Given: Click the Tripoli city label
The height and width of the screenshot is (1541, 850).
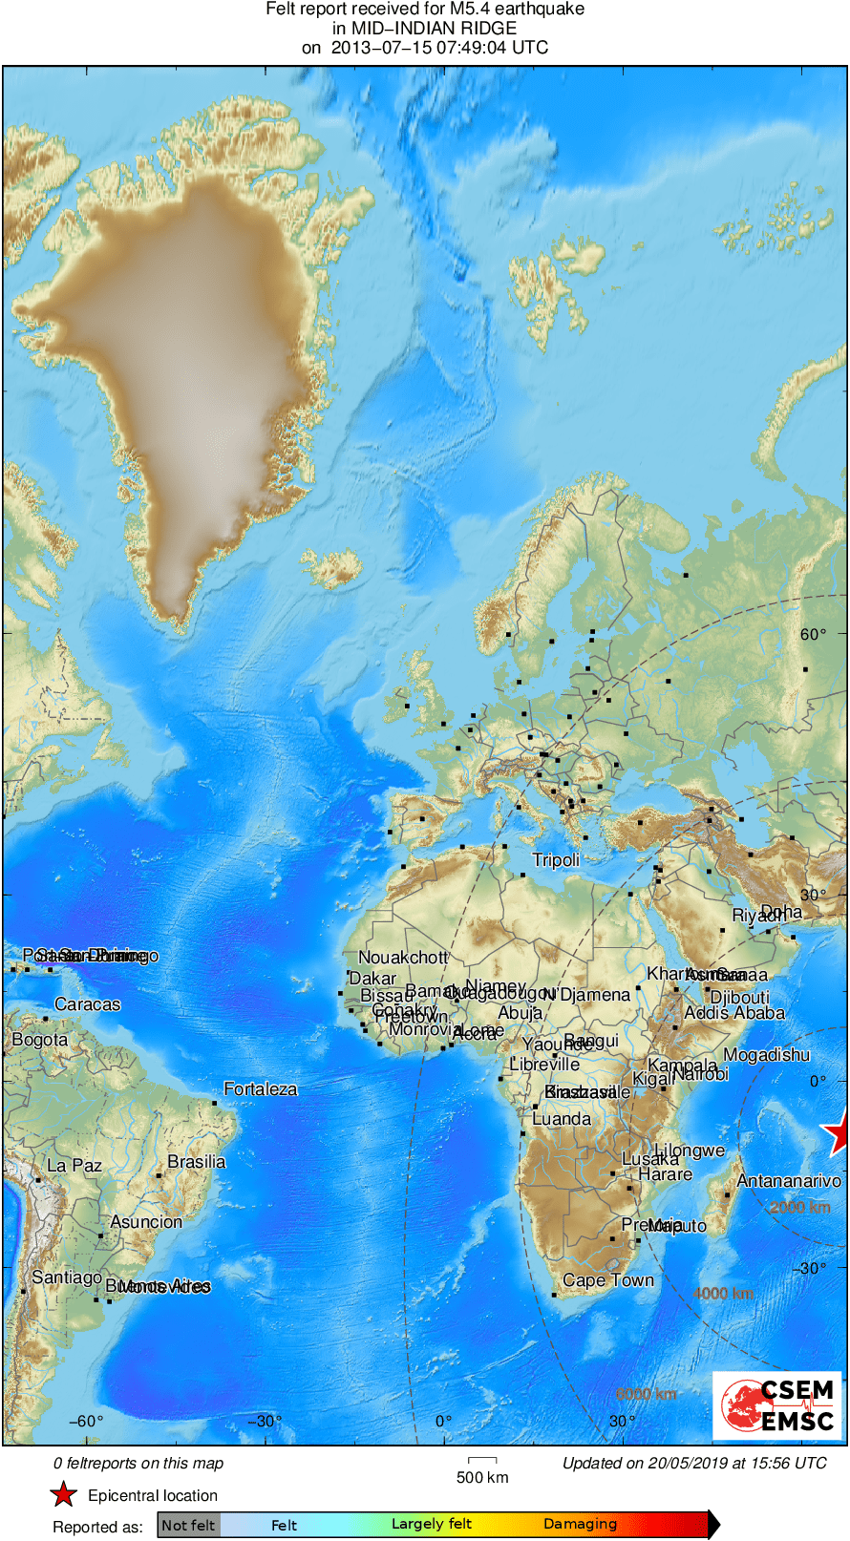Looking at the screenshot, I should [x=556, y=860].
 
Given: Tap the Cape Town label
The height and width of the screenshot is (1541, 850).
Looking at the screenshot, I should [x=608, y=1280].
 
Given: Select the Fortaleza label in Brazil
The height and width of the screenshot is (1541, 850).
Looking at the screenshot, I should [x=260, y=1089].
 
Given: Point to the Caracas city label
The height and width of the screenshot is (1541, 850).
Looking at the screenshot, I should [x=87, y=1004].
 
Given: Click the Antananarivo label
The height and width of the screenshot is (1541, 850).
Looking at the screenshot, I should [x=788, y=1181].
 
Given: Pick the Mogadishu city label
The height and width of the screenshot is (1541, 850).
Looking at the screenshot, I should [x=766, y=1055].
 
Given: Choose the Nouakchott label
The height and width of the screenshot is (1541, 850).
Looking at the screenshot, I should [x=402, y=958].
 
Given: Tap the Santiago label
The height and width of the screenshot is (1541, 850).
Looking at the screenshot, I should [x=66, y=1277].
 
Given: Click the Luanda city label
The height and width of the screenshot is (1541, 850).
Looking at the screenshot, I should [x=561, y=1119].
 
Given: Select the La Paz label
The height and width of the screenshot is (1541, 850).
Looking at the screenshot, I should [x=74, y=1166].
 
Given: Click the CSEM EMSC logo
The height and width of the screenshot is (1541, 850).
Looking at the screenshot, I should [x=777, y=1405].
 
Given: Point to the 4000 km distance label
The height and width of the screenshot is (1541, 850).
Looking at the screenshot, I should [x=723, y=1294].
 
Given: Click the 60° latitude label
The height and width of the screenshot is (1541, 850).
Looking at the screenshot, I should [x=813, y=634].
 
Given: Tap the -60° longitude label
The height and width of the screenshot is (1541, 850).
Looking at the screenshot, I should [x=86, y=1421].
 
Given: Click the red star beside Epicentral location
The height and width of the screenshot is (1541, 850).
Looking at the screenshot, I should [x=63, y=1494].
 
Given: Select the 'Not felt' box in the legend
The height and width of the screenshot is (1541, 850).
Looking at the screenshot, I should [x=188, y=1525].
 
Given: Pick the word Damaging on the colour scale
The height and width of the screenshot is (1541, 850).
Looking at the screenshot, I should [x=580, y=1524].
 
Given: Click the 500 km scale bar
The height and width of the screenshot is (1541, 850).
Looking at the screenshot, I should [x=482, y=1461].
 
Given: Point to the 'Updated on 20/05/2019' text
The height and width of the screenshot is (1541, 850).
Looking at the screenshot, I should [x=694, y=1463].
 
